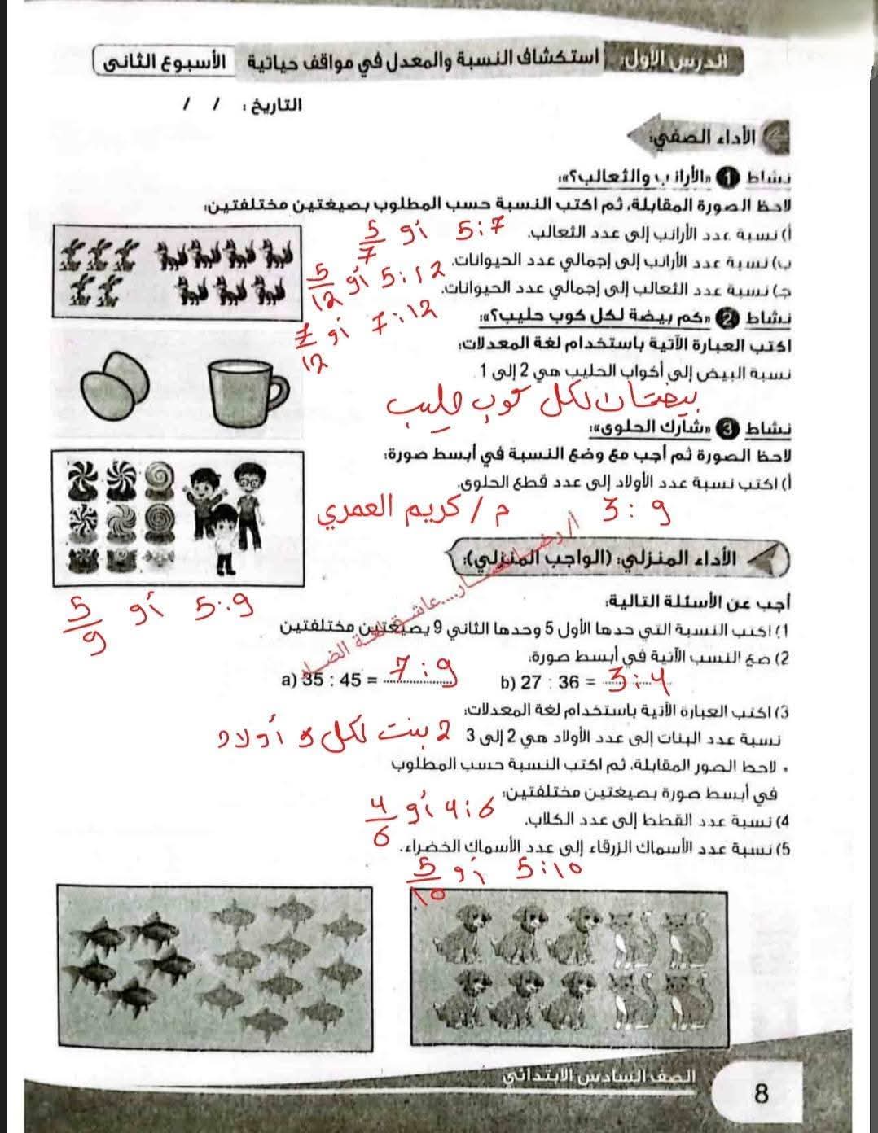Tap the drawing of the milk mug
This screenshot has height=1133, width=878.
pos(244,387)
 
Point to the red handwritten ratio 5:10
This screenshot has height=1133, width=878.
pos(551,869)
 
